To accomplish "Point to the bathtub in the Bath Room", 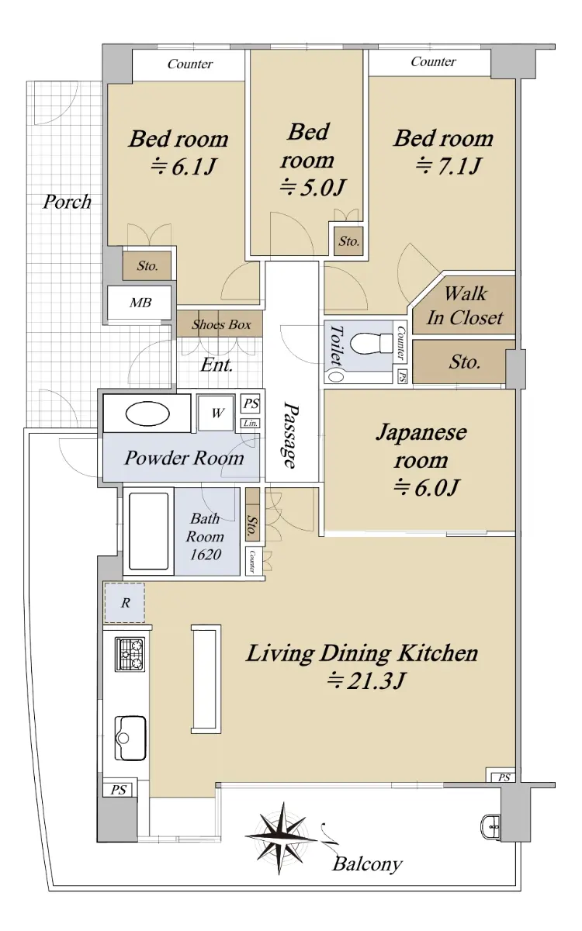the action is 149,531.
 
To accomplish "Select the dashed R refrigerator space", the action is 124,603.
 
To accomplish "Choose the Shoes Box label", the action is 221,324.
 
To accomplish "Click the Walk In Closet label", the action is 465,306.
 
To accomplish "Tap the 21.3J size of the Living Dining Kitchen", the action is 365,681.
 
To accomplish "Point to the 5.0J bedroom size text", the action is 312,188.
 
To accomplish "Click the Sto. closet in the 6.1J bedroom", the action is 147,265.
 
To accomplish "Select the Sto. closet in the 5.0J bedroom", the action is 348,241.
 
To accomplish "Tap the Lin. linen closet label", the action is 251,424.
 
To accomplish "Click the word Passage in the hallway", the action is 289,434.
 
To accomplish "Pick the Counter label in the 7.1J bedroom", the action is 433,61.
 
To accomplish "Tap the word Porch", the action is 67,202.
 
